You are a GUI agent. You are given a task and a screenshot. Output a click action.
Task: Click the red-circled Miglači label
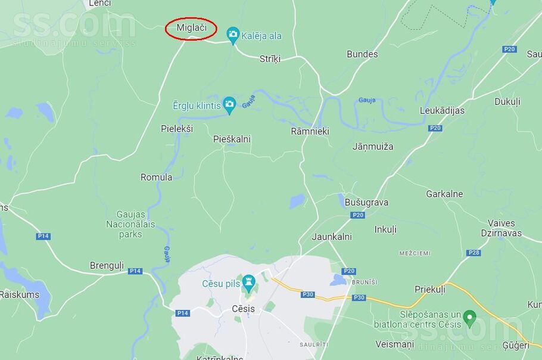(x=191, y=28)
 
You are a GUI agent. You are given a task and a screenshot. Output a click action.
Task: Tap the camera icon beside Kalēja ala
(x=233, y=35)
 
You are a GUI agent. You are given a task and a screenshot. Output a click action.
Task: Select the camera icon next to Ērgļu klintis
(x=229, y=105)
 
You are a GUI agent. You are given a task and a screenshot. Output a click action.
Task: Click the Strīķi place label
(x=270, y=58)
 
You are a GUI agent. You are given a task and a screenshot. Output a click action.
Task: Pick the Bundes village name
(x=362, y=54)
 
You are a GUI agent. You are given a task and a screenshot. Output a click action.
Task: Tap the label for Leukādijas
(x=442, y=110)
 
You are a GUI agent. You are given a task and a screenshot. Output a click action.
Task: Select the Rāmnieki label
(x=310, y=131)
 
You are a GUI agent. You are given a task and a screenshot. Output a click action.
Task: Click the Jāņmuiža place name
(x=373, y=146)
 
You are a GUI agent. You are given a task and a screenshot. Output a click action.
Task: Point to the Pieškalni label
(x=232, y=139)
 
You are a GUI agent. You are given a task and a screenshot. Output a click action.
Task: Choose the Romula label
(x=156, y=177)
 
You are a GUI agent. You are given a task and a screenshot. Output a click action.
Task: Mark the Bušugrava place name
(x=366, y=202)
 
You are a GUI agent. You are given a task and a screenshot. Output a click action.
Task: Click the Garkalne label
(x=444, y=194)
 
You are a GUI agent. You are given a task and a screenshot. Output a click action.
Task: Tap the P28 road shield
(x=474, y=253)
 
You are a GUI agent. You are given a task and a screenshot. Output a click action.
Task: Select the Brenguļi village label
(x=107, y=265)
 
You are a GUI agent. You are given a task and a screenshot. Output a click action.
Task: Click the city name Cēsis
(x=243, y=309)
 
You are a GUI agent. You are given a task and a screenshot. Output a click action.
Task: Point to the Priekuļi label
(x=430, y=289)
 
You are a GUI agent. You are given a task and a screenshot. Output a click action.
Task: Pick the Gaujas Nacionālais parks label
(x=130, y=224)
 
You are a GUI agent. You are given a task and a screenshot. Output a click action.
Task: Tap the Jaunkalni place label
(x=332, y=237)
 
